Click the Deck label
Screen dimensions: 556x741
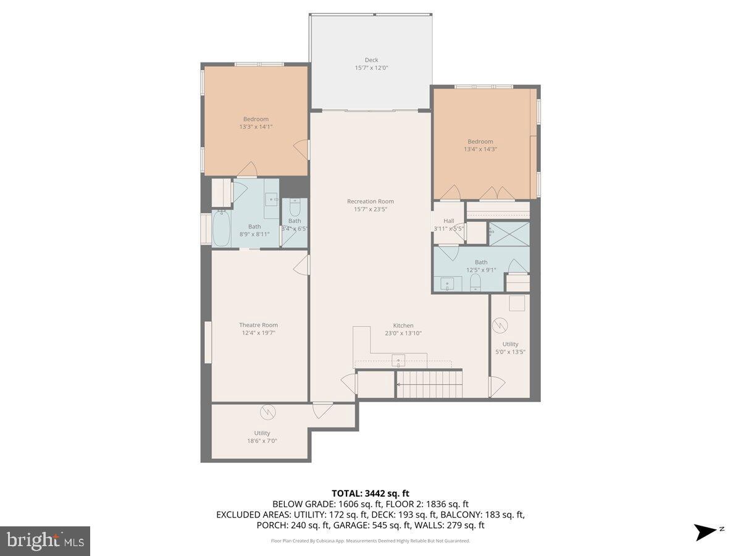coord(371,60)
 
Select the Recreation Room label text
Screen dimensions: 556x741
coord(371,201)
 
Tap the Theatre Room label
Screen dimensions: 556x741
coord(258,325)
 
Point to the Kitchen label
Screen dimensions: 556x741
coord(403,326)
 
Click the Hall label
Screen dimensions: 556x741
coord(448,221)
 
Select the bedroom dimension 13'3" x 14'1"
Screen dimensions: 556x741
coord(256,127)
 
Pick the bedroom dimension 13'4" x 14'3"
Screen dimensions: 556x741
coord(480,149)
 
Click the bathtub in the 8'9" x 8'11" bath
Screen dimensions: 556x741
coord(221,229)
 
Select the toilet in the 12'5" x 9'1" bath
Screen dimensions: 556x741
coord(475,284)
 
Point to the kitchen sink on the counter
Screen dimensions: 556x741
coord(398,360)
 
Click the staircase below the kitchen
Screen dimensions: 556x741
coord(429,384)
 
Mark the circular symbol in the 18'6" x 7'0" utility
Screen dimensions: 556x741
coord(267,411)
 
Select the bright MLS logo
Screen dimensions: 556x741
coord(45,541)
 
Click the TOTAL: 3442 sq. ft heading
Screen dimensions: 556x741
coord(371,493)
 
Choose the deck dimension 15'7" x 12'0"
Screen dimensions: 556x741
coord(371,68)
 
